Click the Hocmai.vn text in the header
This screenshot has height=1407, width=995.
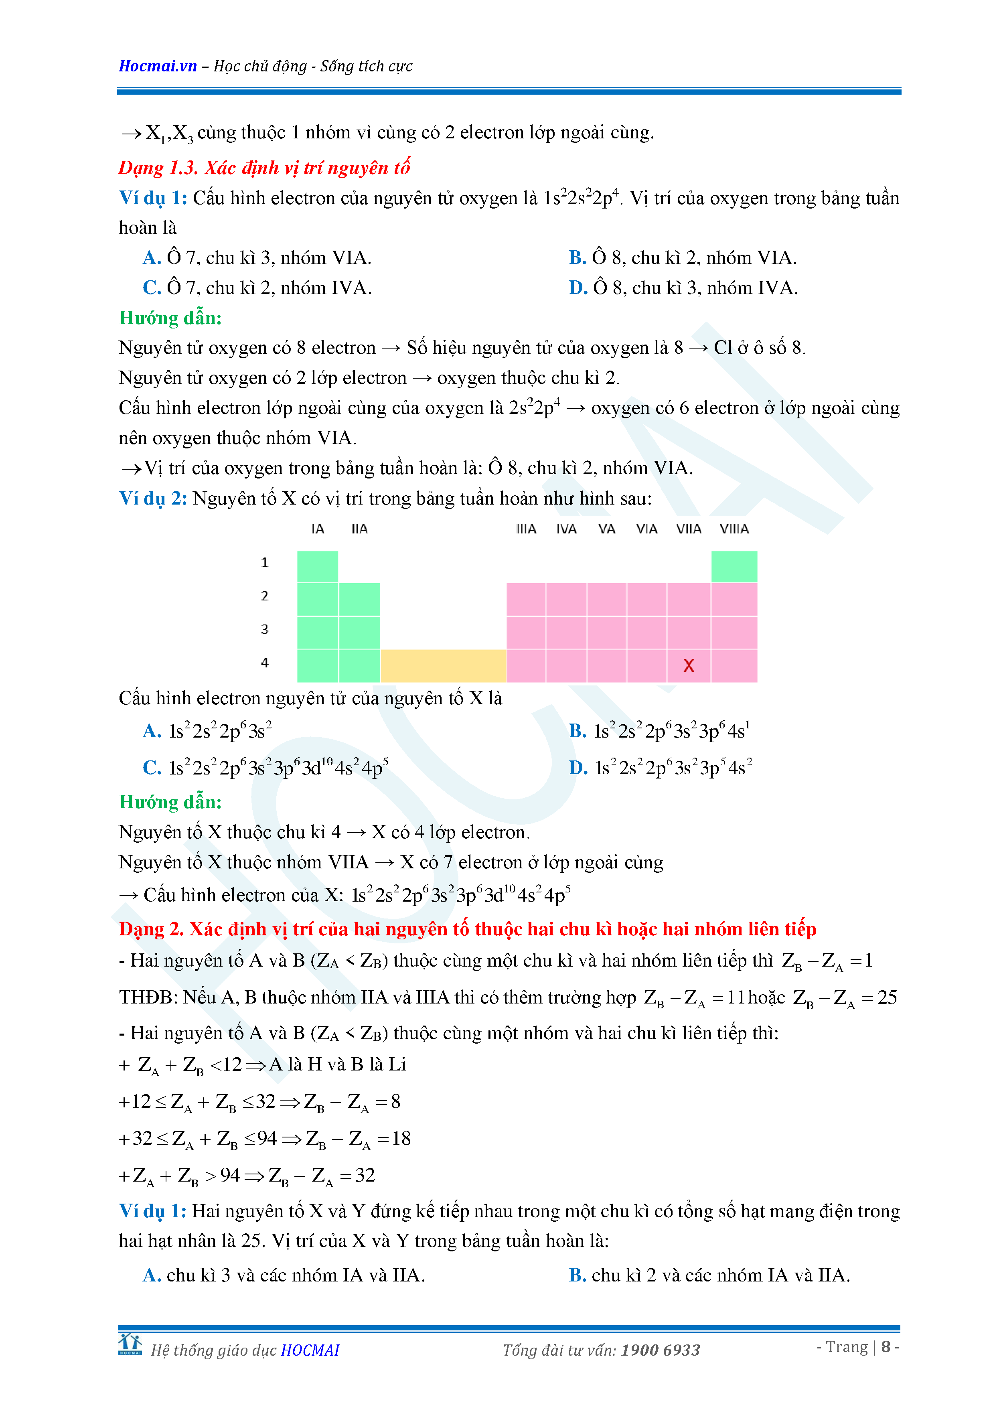(158, 66)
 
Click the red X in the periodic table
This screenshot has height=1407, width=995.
(688, 665)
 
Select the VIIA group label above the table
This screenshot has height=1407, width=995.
(688, 529)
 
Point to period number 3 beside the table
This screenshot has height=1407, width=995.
(265, 629)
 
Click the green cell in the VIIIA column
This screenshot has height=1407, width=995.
(734, 566)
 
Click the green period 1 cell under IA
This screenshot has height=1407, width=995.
(317, 566)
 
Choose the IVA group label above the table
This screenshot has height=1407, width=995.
(566, 529)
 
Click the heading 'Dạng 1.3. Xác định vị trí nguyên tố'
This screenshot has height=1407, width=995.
(264, 167)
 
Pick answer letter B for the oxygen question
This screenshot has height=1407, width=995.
(577, 258)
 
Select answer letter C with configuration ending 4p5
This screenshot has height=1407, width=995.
(151, 768)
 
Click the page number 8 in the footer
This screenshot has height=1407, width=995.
(886, 1347)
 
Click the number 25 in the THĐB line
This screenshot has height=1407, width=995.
(887, 997)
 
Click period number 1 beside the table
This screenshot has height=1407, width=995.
(265, 563)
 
